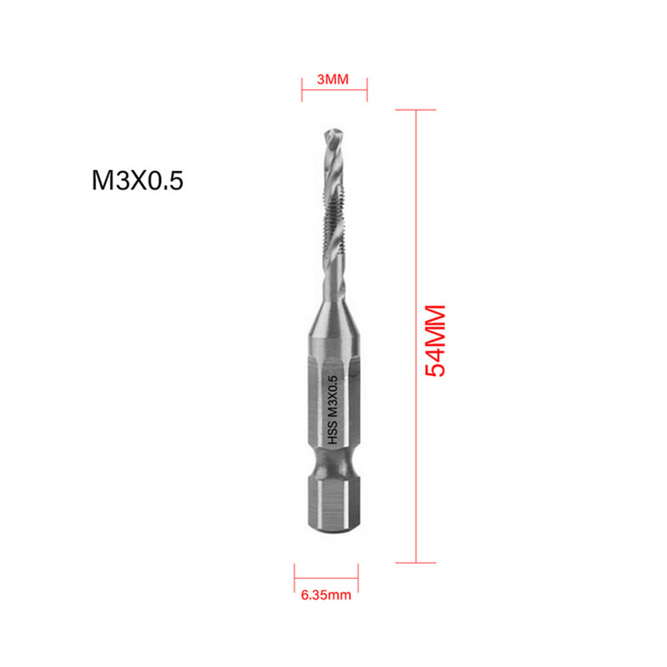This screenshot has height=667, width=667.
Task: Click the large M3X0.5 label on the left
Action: click(136, 181)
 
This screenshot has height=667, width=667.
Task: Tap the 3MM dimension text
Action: click(333, 80)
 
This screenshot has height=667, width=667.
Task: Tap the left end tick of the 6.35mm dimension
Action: click(294, 576)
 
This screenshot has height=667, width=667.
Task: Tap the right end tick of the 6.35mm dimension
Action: click(362, 576)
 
